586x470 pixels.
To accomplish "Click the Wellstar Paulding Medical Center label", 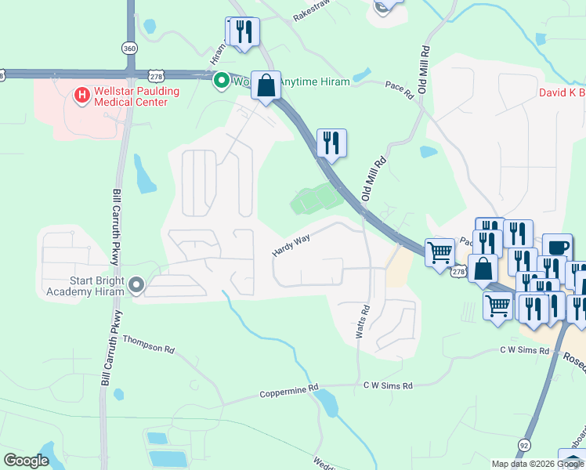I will [132, 96].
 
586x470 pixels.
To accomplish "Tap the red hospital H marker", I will [81, 96].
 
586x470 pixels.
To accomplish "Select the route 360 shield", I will [129, 49].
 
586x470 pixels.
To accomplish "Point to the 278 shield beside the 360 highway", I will [156, 76].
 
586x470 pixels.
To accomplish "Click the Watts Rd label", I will [362, 322].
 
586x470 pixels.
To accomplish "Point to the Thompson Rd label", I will [147, 345].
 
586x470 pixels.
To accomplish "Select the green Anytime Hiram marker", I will [222, 79].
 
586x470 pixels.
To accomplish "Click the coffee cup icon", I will [557, 247].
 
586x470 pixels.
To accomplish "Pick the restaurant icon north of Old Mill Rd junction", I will [331, 143].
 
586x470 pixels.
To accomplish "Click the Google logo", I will [26, 461].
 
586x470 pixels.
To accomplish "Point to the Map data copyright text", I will [537, 464].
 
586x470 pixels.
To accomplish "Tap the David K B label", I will [561, 93].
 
